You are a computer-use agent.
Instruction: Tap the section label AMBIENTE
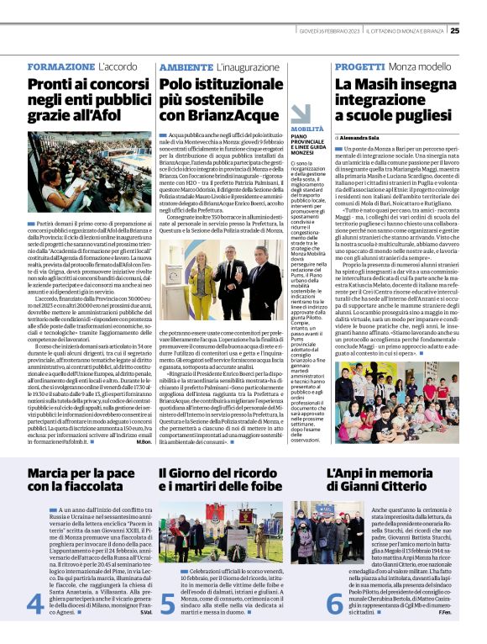coord(186,66)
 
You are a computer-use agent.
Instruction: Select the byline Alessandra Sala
coord(368,136)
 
